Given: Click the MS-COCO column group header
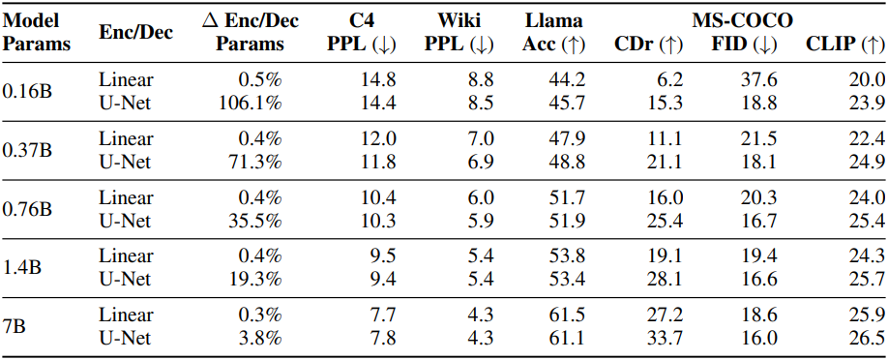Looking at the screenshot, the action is click(742, 21).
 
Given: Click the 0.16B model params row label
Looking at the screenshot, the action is click(28, 91).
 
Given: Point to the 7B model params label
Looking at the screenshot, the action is click(15, 326).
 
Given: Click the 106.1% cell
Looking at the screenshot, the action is click(251, 104).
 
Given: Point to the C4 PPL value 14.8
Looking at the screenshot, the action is click(378, 80).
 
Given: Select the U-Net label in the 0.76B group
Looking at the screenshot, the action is click(125, 221).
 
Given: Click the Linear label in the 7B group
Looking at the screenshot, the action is click(125, 315).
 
